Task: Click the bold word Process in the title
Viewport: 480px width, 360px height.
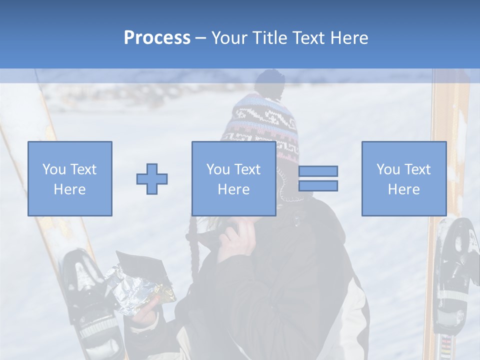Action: click(157, 38)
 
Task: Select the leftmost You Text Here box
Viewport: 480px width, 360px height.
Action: click(69, 178)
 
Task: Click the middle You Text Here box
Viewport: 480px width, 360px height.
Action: click(233, 178)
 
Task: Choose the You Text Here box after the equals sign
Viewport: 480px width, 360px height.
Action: click(403, 178)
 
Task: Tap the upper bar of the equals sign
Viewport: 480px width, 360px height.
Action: click(318, 171)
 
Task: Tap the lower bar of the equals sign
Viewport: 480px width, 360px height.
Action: click(318, 185)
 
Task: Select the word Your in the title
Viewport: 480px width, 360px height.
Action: click(230, 38)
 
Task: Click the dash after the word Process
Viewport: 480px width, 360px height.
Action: click(200, 38)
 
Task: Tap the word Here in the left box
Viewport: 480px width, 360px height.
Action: click(69, 189)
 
